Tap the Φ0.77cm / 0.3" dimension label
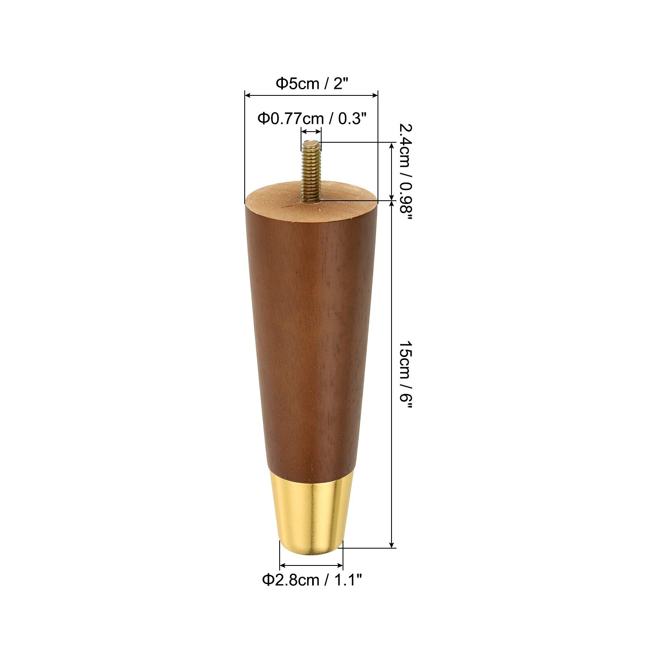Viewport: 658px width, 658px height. pyautogui.click(x=311, y=119)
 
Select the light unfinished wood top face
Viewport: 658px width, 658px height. pyautogui.click(x=288, y=197)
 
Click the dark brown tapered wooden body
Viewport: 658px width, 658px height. pyautogui.click(x=311, y=329)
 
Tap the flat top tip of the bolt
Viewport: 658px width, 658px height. pyautogui.click(x=311, y=143)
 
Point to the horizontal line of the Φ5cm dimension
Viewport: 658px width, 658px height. pyautogui.click(x=311, y=95)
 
